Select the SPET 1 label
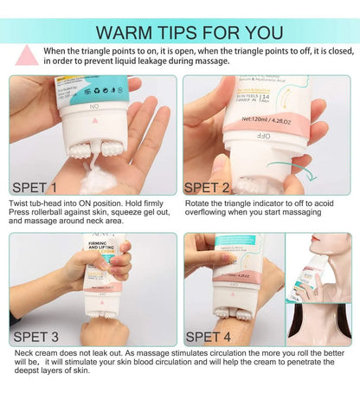pos(35,186)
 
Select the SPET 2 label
pos(213,186)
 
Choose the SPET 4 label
pos(213,337)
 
